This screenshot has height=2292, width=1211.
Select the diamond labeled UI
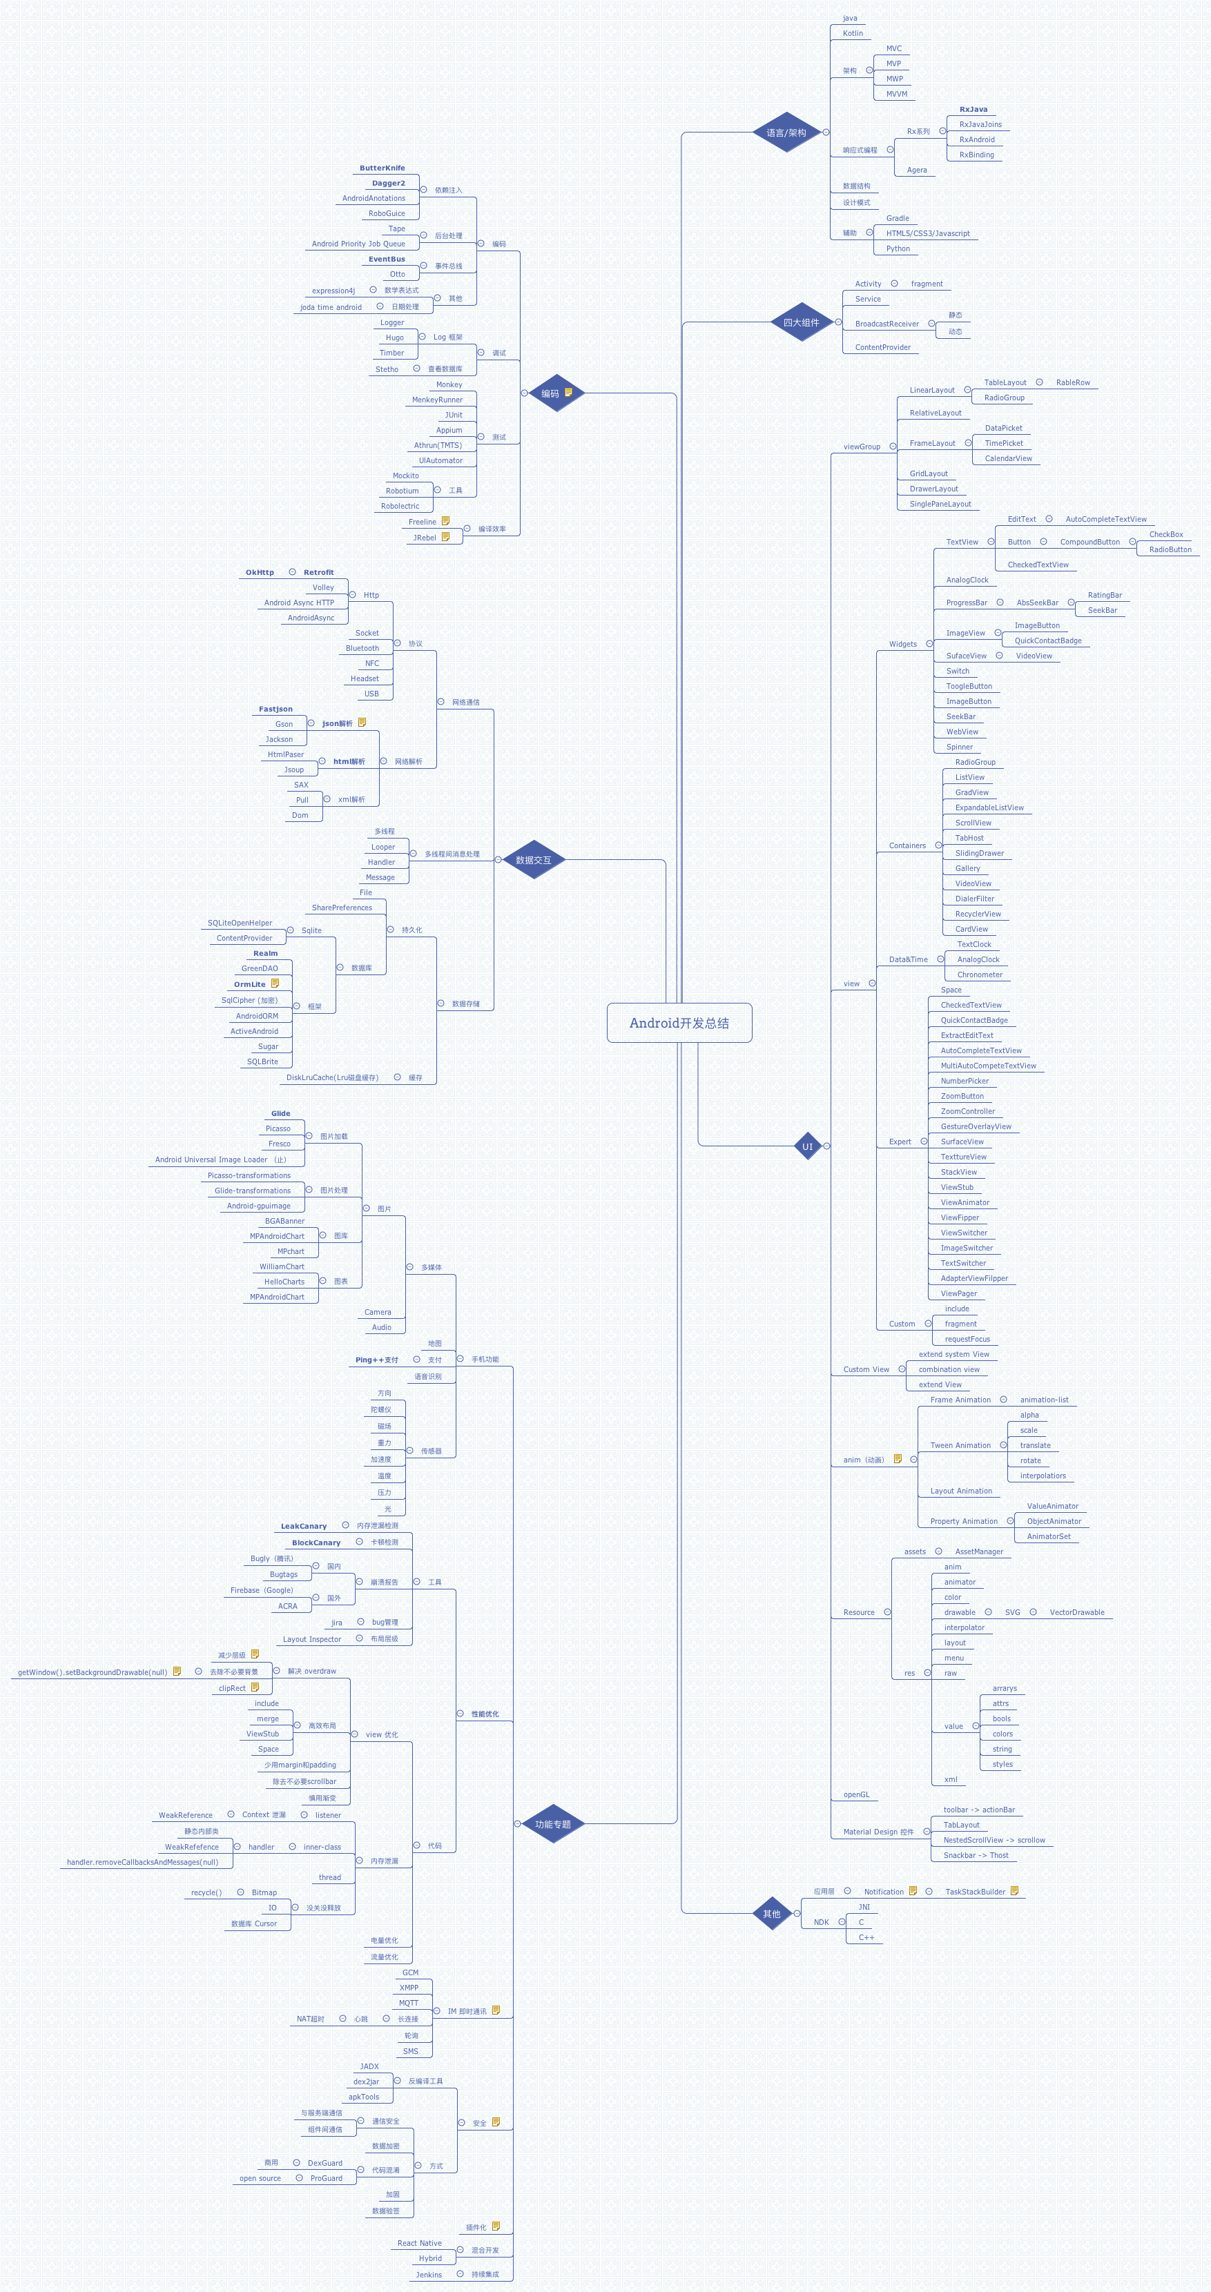[x=807, y=1146]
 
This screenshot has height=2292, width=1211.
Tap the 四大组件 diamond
[x=801, y=322]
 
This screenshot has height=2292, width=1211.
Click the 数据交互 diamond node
[x=533, y=859]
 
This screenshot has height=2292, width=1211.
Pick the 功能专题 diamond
[x=552, y=1824]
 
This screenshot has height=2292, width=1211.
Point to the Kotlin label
[x=853, y=33]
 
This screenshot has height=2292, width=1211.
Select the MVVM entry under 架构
[x=896, y=93]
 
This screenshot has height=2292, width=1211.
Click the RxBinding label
[x=976, y=155]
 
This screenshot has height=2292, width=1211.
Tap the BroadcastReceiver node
[x=887, y=324]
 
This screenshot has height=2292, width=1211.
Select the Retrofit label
[x=318, y=572]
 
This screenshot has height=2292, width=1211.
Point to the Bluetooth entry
[x=362, y=648]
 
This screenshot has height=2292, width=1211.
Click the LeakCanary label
[x=303, y=1526]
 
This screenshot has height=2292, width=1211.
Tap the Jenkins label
[x=429, y=2274]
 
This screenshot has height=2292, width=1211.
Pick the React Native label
[x=419, y=2243]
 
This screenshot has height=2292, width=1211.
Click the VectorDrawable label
[x=1076, y=1612]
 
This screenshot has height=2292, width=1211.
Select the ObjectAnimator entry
[x=1054, y=1522]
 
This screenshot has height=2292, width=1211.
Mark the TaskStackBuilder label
[x=975, y=1892]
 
